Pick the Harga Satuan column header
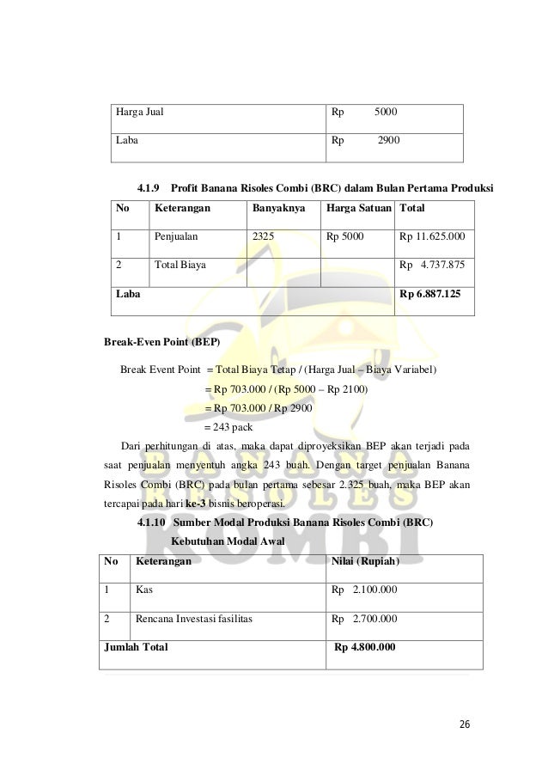357,208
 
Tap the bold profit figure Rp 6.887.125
430,293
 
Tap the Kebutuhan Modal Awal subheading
227,541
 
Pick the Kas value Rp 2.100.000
364,590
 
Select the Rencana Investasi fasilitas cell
193,618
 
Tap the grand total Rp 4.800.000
365,647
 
